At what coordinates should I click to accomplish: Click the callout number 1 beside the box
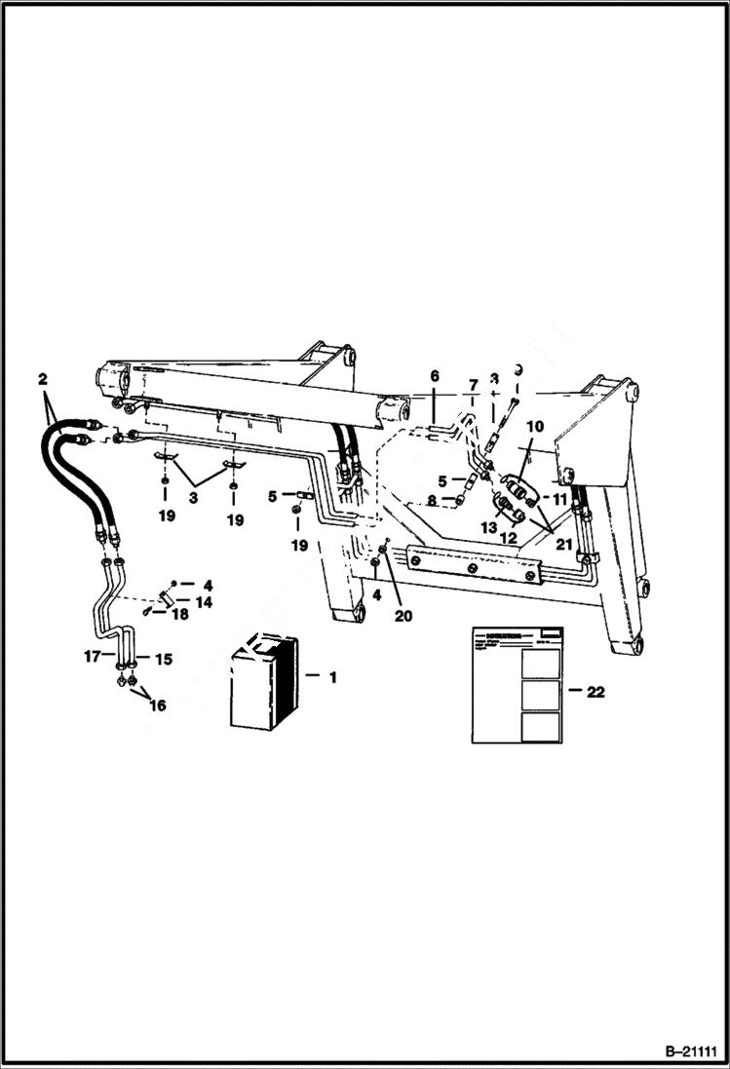tap(332, 676)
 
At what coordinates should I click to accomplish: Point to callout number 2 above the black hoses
tap(42, 378)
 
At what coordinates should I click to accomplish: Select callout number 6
tap(435, 376)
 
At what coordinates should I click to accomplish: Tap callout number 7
tap(473, 386)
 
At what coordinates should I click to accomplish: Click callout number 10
tap(535, 426)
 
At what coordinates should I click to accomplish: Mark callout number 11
tap(560, 499)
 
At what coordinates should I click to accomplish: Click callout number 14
tap(206, 602)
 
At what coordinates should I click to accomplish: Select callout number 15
tap(163, 660)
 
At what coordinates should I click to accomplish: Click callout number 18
tap(179, 615)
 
